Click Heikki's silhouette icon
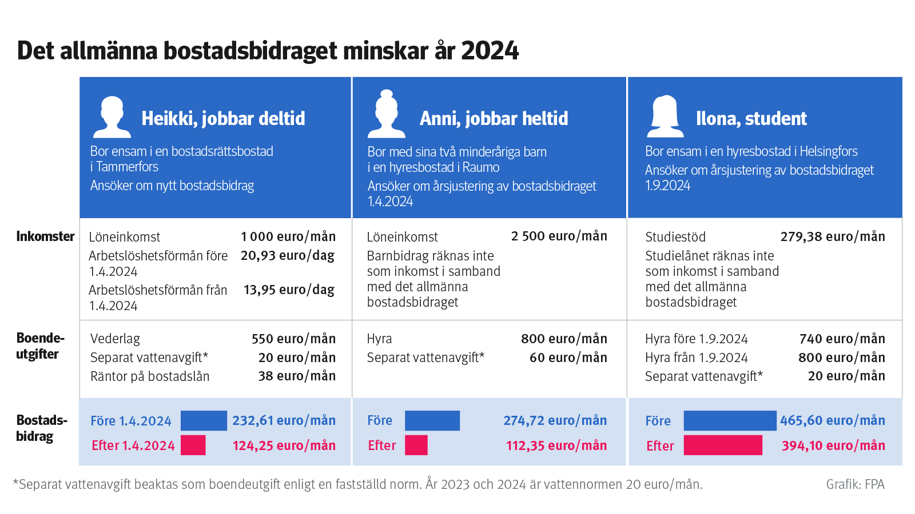(x=112, y=117)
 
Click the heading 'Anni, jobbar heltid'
(x=494, y=118)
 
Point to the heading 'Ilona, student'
(x=751, y=118)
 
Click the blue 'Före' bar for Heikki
(x=204, y=421)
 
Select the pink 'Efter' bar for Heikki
(x=193, y=445)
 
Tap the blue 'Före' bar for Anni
(x=432, y=421)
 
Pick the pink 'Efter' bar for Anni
(x=416, y=445)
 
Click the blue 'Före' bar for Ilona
(x=730, y=421)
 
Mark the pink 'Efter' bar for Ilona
(x=723, y=445)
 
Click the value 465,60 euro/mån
(x=832, y=421)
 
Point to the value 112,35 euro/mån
(x=556, y=445)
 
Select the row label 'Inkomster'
(x=45, y=236)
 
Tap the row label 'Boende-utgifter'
(x=39, y=346)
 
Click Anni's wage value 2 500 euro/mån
(x=559, y=236)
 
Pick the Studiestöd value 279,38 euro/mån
(x=832, y=236)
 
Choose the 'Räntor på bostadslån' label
(x=150, y=376)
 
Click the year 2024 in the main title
(x=490, y=51)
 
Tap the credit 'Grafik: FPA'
(x=855, y=484)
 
